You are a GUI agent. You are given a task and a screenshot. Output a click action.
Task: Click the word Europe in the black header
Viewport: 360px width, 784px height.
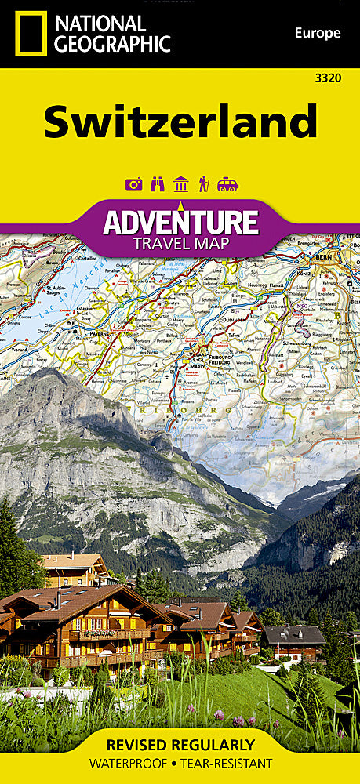[x=317, y=33]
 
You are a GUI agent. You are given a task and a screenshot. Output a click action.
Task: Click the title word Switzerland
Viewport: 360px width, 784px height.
[x=180, y=122]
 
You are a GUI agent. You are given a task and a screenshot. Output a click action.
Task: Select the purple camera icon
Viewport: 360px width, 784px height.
[x=133, y=184]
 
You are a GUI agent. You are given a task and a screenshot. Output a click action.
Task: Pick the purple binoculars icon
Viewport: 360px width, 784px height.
[x=157, y=184]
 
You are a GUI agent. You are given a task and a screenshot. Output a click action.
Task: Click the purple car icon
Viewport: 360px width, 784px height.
[x=227, y=184]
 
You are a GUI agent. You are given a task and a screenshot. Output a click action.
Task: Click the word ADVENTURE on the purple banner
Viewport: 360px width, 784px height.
[x=180, y=222]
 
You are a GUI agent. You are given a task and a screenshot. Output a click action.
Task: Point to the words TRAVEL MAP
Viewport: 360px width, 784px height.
[x=180, y=243]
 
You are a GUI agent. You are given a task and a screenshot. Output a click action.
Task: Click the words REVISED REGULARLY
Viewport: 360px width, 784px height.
[x=180, y=745]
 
